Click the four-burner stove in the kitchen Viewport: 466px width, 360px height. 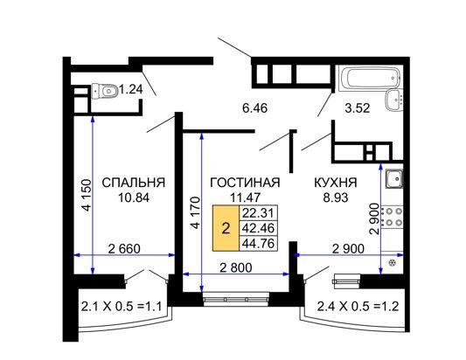coord(393,218)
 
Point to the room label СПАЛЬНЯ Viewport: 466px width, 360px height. coord(134,183)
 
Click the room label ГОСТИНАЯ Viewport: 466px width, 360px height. coord(245,183)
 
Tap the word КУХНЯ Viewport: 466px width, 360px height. coord(336,183)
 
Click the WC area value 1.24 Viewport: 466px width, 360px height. coord(131,89)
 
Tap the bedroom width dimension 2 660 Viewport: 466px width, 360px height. coord(127,250)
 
